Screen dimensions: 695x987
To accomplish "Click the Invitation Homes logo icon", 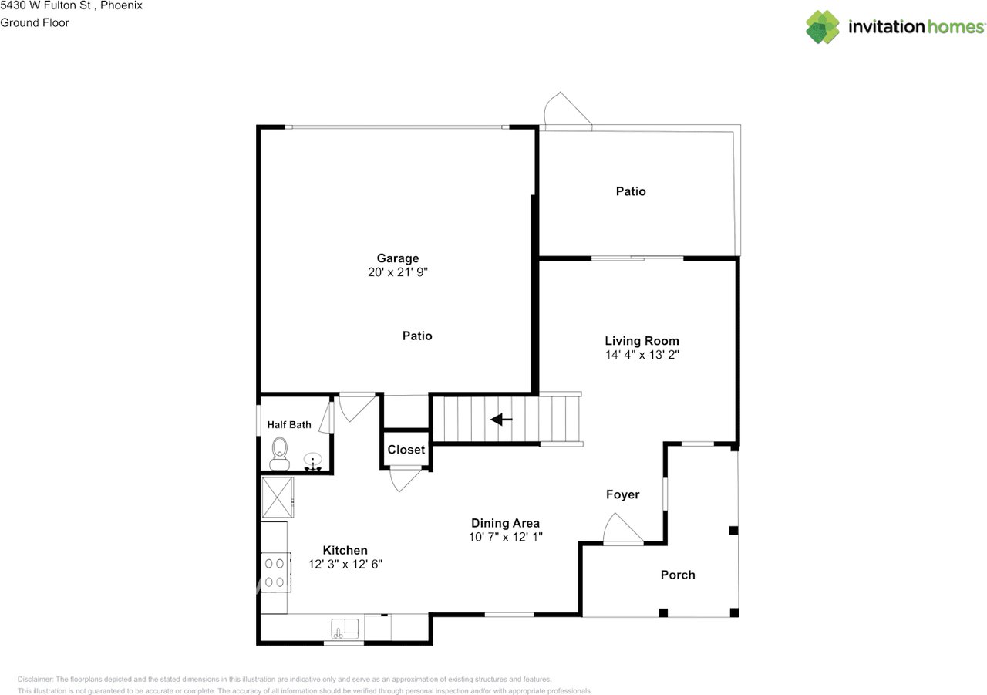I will pyautogui.click(x=823, y=27).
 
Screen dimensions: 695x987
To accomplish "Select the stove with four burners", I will pyautogui.click(x=274, y=572).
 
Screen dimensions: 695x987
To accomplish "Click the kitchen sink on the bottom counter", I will pyautogui.click(x=346, y=628).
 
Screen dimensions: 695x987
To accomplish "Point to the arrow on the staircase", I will pyautogui.click(x=502, y=420).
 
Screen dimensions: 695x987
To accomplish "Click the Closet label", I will pyautogui.click(x=406, y=450).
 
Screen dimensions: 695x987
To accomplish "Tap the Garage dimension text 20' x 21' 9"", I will pyautogui.click(x=398, y=272).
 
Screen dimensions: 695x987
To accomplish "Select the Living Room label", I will pyautogui.click(x=642, y=341).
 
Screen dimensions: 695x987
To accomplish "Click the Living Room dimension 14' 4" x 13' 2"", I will pyautogui.click(x=642, y=355).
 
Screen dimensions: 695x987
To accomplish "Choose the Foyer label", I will pyautogui.click(x=622, y=494).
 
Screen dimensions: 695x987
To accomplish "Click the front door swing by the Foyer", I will pyautogui.click(x=622, y=531).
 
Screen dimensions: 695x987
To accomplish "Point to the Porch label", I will pyautogui.click(x=678, y=575).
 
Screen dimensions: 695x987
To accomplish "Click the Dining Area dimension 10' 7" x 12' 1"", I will pyautogui.click(x=506, y=537).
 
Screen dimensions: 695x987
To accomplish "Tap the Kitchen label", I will pyautogui.click(x=345, y=550).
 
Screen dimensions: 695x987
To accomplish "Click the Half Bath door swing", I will pyautogui.click(x=326, y=417).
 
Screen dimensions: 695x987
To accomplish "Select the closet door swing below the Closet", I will pyautogui.click(x=405, y=478).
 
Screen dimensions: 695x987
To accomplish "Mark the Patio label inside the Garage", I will pyautogui.click(x=417, y=336).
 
